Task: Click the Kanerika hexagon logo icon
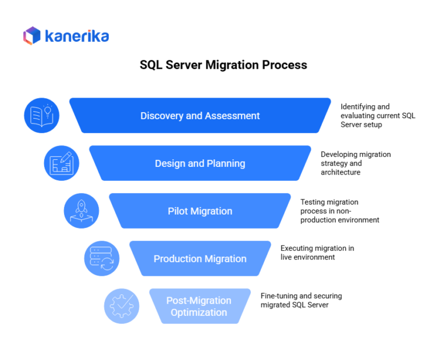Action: pyautogui.click(x=31, y=35)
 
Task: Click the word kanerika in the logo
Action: pyautogui.click(x=76, y=36)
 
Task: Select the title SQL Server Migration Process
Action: pyautogui.click(x=223, y=65)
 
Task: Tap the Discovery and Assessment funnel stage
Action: pyautogui.click(x=200, y=116)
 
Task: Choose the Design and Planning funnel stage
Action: pyautogui.click(x=200, y=163)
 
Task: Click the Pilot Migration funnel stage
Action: pyautogui.click(x=200, y=211)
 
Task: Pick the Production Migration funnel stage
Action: pyautogui.click(x=200, y=259)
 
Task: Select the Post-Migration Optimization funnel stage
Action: pyautogui.click(x=199, y=306)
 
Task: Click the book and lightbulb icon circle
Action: pyautogui.click(x=42, y=115)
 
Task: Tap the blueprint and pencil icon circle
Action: pyautogui.click(x=62, y=163)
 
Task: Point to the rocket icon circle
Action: pyautogui.click(x=81, y=211)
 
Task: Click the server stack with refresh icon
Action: pyautogui.click(x=102, y=258)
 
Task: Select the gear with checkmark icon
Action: pyautogui.click(x=122, y=306)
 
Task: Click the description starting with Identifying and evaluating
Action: pyautogui.click(x=378, y=115)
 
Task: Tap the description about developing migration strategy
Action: pyautogui.click(x=356, y=163)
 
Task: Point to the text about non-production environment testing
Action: pyautogui.click(x=339, y=211)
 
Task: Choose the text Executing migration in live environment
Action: pyautogui.click(x=317, y=252)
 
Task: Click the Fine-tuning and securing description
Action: pyautogui.click(x=301, y=300)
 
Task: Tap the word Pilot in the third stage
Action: pyautogui.click(x=178, y=211)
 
